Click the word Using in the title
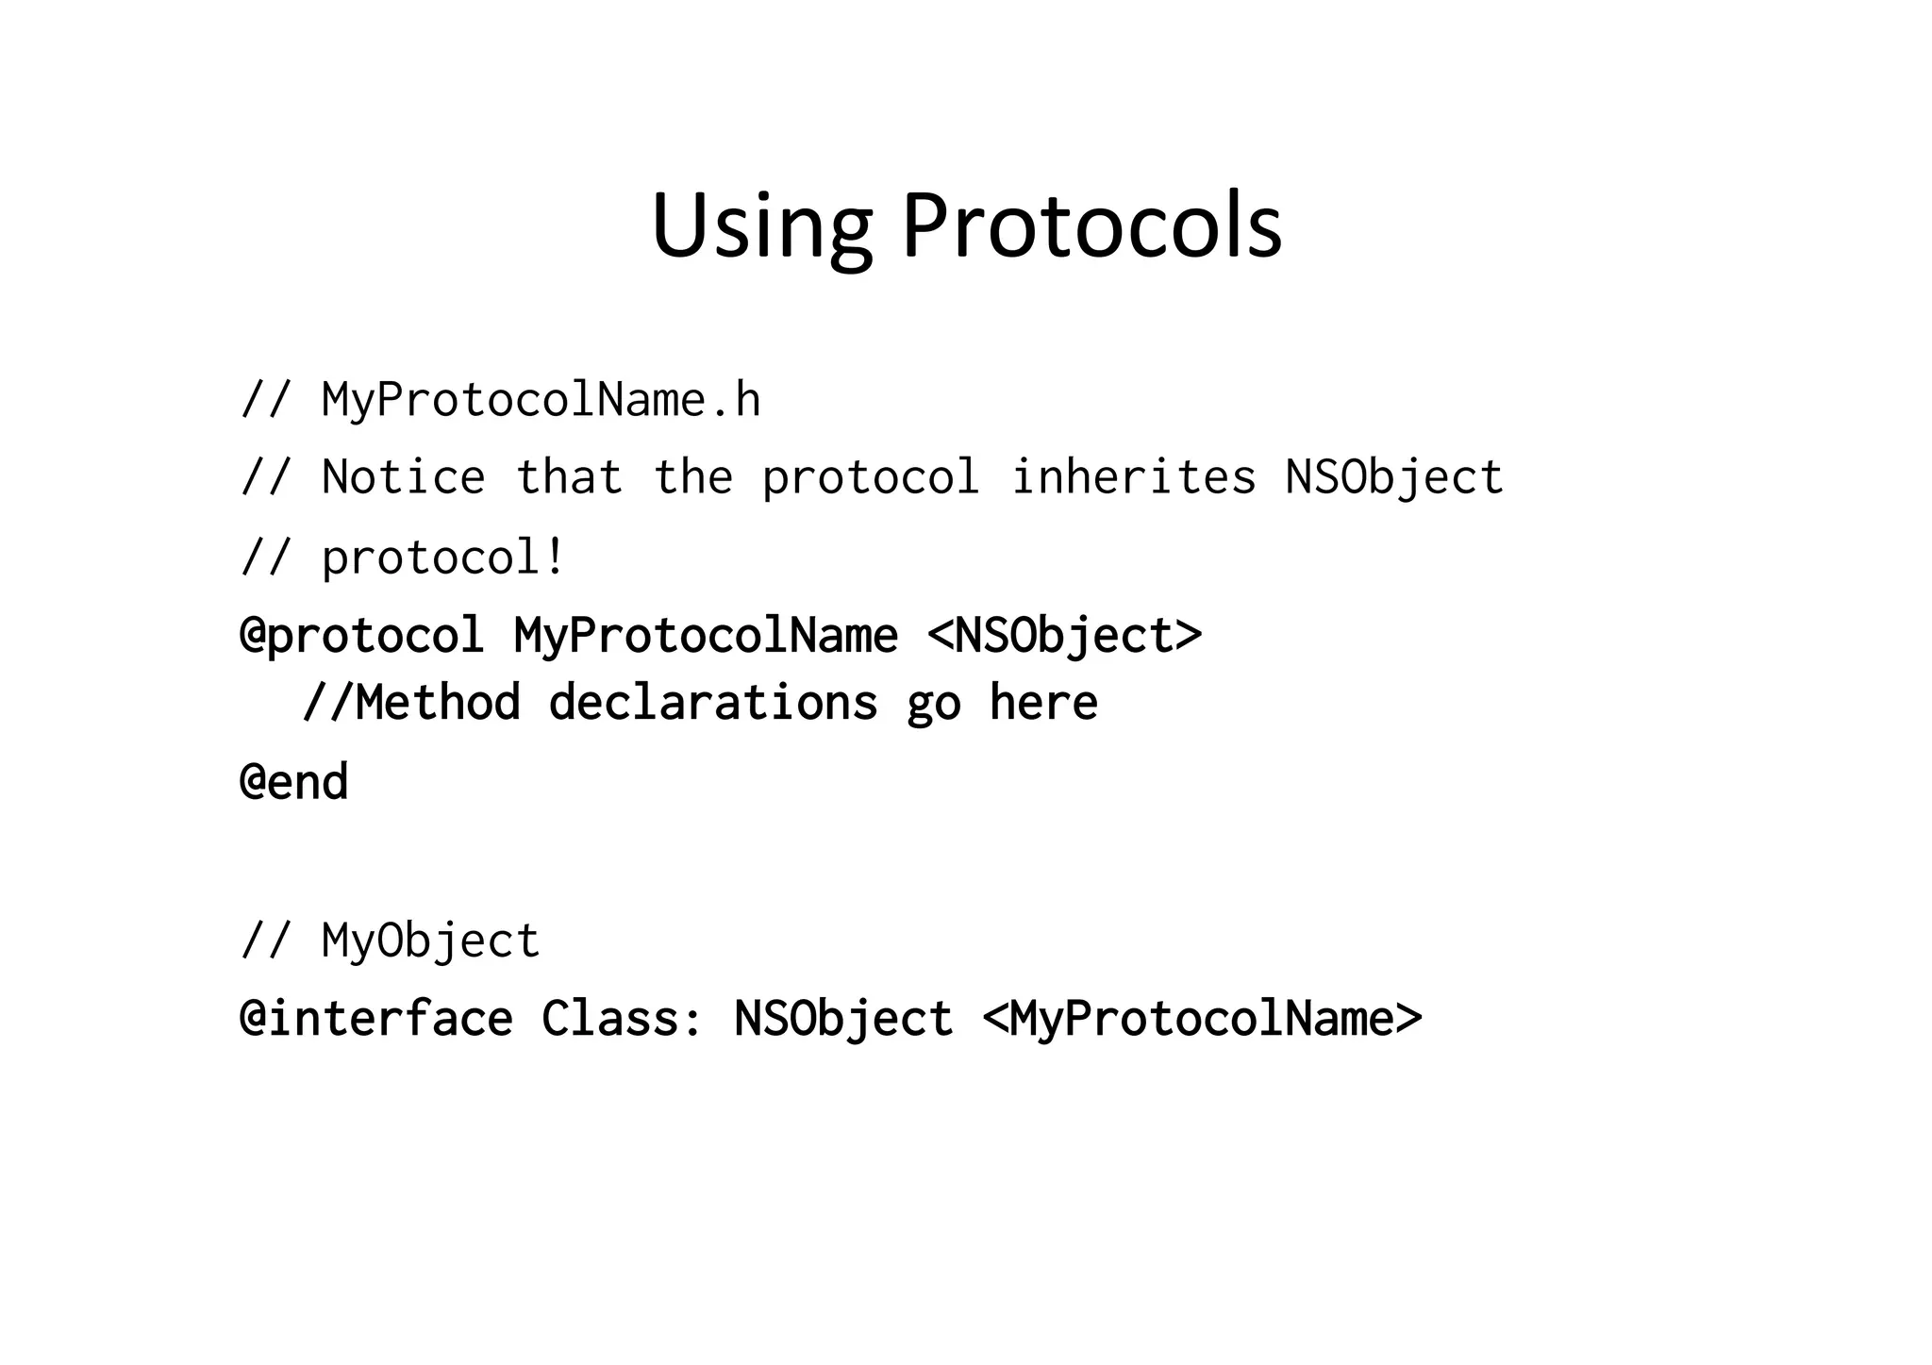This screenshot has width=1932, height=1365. [761, 226]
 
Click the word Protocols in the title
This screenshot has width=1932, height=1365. [1091, 226]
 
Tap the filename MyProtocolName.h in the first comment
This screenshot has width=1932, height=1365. [541, 400]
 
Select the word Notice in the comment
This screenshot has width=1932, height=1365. [404, 477]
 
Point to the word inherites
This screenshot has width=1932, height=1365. [1133, 477]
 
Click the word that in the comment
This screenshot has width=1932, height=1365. [569, 477]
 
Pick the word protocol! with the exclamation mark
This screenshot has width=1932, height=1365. [443, 558]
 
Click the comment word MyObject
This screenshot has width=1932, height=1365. [430, 941]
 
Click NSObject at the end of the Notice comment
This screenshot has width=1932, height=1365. [1394, 477]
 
